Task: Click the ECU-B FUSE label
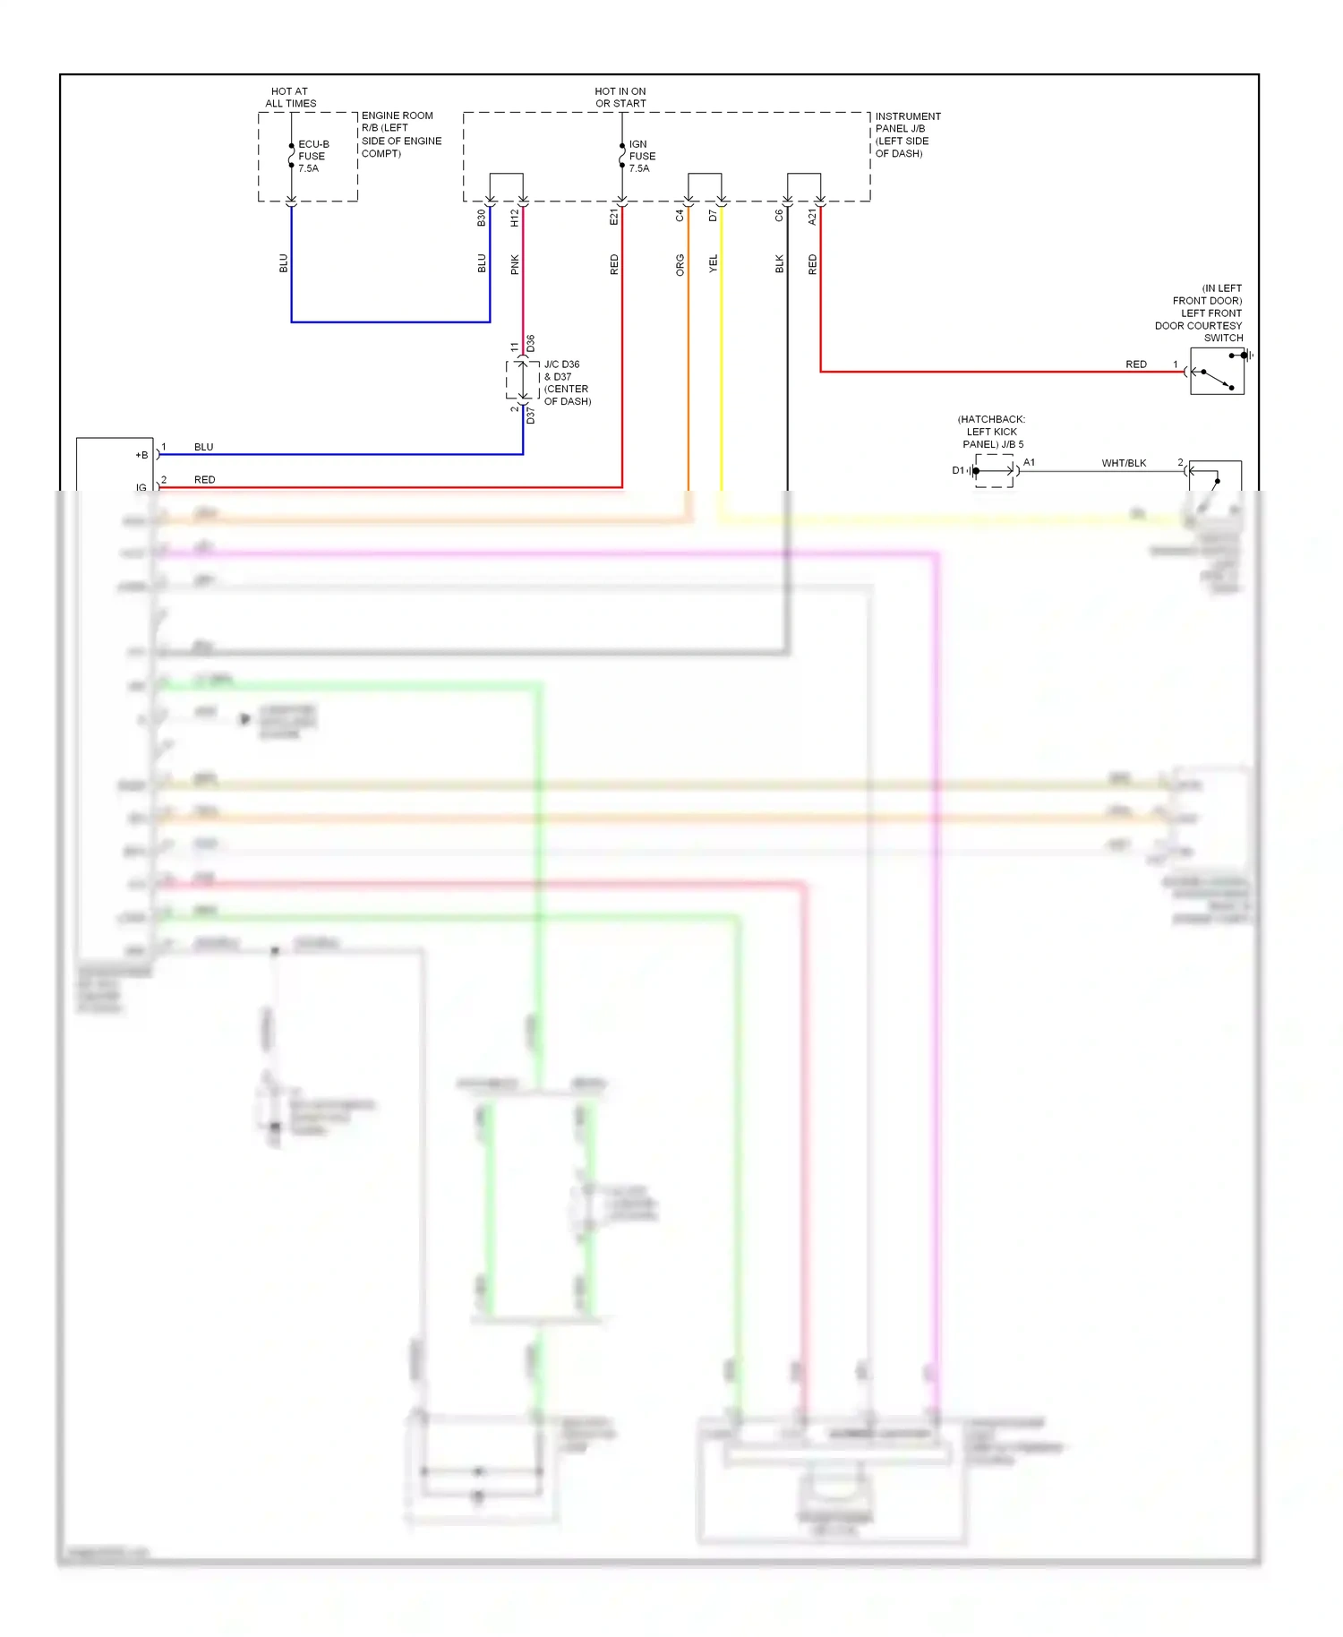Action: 312,156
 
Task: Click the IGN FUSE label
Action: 642,156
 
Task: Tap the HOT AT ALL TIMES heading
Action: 290,97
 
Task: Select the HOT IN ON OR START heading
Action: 620,97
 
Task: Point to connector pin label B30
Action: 482,218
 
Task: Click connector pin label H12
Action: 515,218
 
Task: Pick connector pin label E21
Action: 614,218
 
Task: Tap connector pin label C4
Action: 680,216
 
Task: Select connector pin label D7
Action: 714,216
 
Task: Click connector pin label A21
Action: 813,217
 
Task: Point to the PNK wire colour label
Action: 515,264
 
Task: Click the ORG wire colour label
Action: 680,264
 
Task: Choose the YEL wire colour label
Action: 714,263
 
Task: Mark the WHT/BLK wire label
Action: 1124,463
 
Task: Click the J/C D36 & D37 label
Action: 567,382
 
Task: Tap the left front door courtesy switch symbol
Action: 1217,371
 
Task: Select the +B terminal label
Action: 141,455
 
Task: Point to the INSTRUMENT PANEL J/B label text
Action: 907,134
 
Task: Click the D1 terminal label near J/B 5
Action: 958,470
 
